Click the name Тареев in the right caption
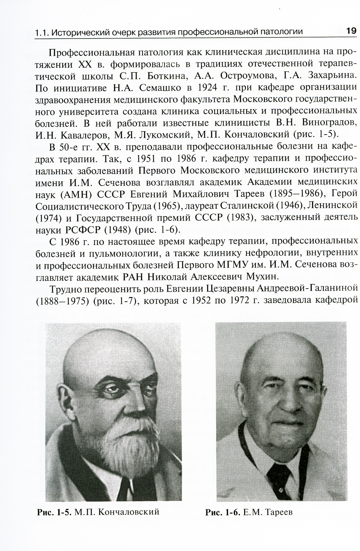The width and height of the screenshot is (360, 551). coord(278,512)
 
